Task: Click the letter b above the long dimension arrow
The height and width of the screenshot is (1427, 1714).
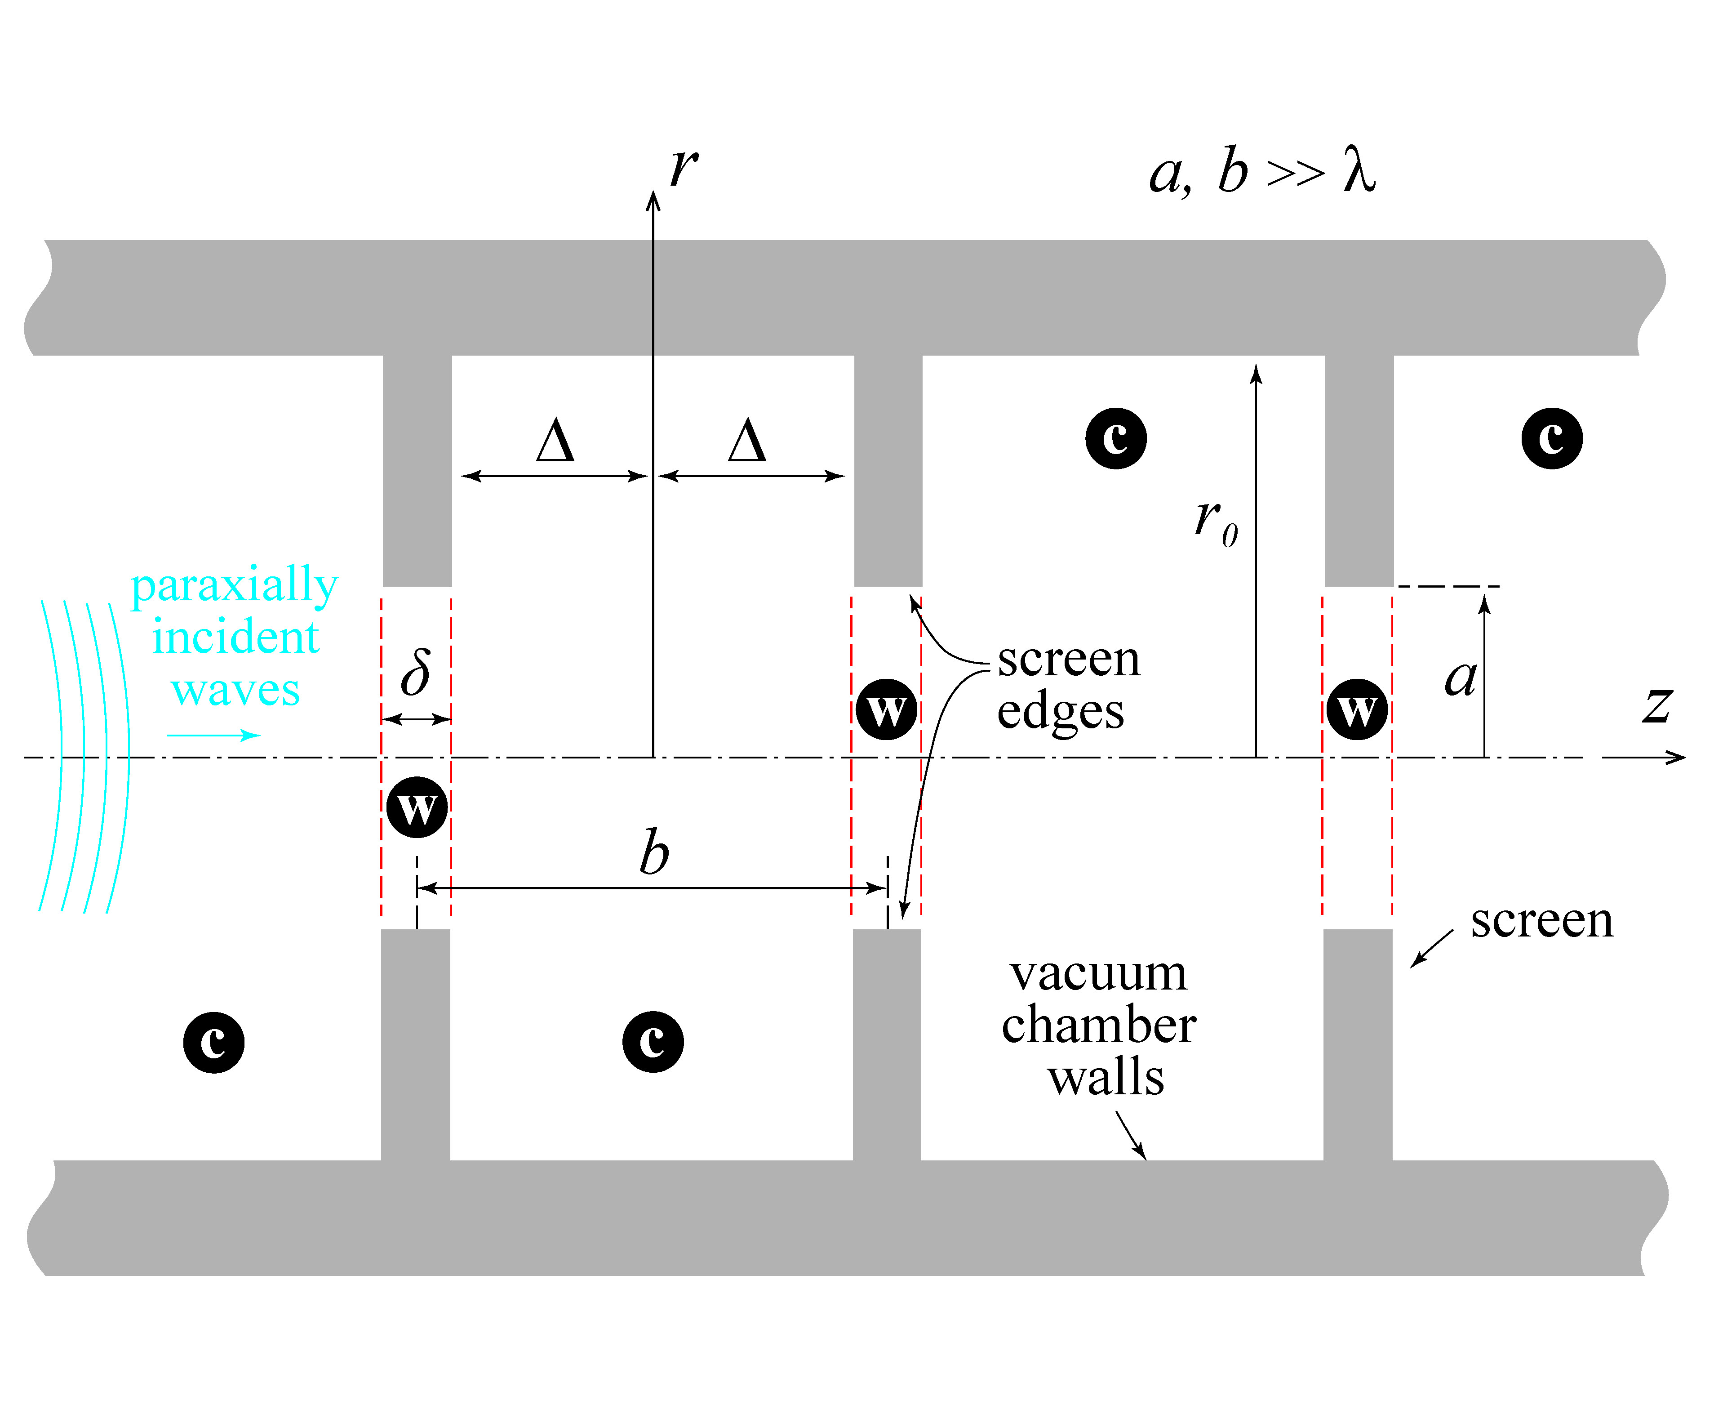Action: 654,853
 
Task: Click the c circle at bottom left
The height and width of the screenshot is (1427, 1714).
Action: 214,1043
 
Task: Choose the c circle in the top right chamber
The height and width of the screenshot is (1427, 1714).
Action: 1552,438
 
